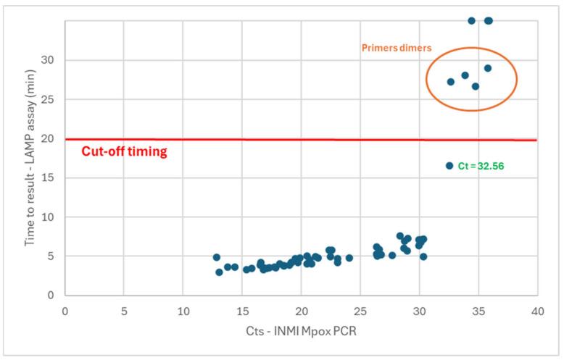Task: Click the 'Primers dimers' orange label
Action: (x=397, y=48)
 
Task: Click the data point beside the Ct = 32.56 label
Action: (x=449, y=166)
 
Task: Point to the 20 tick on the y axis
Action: (x=51, y=138)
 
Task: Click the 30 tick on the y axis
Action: (x=51, y=60)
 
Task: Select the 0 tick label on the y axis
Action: (x=54, y=296)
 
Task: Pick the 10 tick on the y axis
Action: (x=51, y=217)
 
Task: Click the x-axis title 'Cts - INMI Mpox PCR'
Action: (x=301, y=332)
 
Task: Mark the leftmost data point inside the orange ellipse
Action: (x=451, y=82)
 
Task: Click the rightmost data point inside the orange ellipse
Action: (x=488, y=68)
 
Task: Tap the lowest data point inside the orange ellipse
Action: (x=476, y=86)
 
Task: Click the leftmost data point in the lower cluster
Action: (x=216, y=257)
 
